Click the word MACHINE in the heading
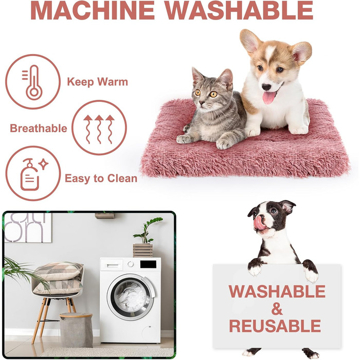coord(93,10)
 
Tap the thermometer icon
coord(32,82)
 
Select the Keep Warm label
coord(97,82)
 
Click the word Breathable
coord(39,129)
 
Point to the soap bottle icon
coord(30,175)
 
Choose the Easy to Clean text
coord(101,178)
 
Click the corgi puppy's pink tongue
coord(268,97)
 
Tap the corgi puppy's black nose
coord(266,87)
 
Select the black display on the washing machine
coord(148,264)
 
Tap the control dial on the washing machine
coord(131,264)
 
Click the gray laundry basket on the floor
coord(76,330)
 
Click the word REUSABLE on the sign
coord(275,326)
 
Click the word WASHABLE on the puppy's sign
coord(277,291)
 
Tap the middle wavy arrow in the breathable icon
coord(99,129)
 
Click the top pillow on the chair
coord(59,271)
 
